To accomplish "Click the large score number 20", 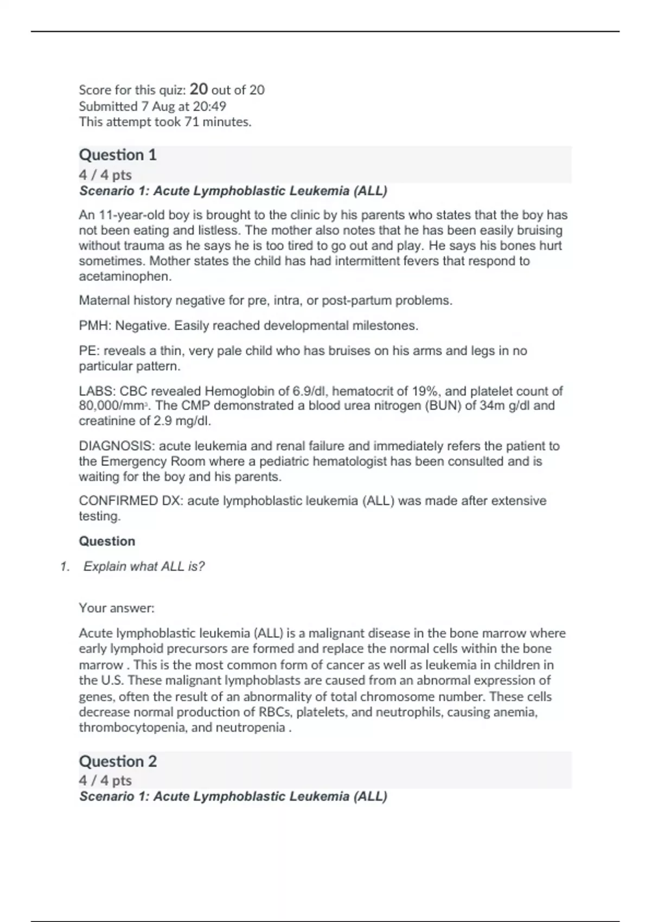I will click(x=199, y=89).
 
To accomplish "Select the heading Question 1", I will click(x=118, y=155).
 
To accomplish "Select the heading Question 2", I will click(x=118, y=761).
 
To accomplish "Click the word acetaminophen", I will click(x=125, y=276).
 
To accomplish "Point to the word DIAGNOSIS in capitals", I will click(x=117, y=446).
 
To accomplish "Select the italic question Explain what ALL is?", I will click(x=144, y=566).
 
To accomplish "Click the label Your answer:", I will click(x=117, y=608).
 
